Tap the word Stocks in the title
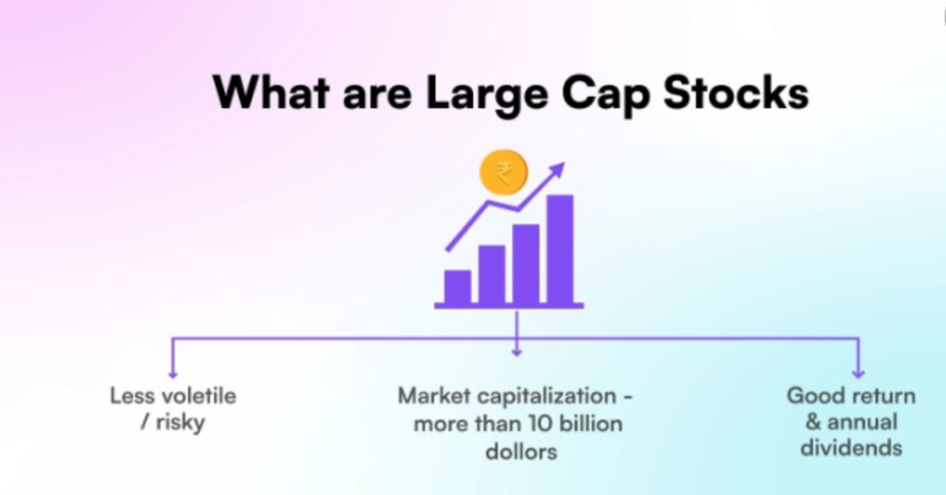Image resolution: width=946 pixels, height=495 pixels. tap(735, 94)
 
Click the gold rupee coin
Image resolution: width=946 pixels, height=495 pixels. tap(503, 173)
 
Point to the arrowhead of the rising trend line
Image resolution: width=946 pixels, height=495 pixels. tap(557, 170)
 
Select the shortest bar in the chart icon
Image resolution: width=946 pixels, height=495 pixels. tap(457, 286)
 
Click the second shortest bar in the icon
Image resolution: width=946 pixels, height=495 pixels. tap(491, 274)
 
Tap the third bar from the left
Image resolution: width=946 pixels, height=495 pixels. tap(526, 264)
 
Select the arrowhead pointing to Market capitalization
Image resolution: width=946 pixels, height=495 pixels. tap(516, 351)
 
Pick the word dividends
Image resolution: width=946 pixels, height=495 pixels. tap(851, 449)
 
